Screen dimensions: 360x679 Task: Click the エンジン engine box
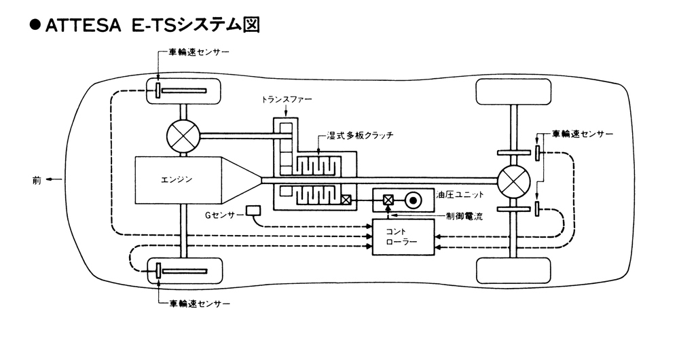pyautogui.click(x=178, y=180)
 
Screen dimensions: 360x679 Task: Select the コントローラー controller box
pyautogui.click(x=403, y=236)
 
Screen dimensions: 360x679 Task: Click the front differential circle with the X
pyautogui.click(x=183, y=136)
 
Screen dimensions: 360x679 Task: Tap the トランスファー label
pyautogui.click(x=287, y=99)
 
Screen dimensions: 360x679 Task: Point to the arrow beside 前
pyautogui.click(x=54, y=180)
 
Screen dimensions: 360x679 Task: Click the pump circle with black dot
pyautogui.click(x=412, y=200)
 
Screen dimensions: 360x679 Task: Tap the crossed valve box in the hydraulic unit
pyautogui.click(x=389, y=200)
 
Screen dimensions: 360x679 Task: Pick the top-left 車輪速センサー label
pyautogui.click(x=197, y=52)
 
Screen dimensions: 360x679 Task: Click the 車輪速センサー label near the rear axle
pyautogui.click(x=582, y=133)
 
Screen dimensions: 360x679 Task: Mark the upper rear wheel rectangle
pyautogui.click(x=513, y=92)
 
